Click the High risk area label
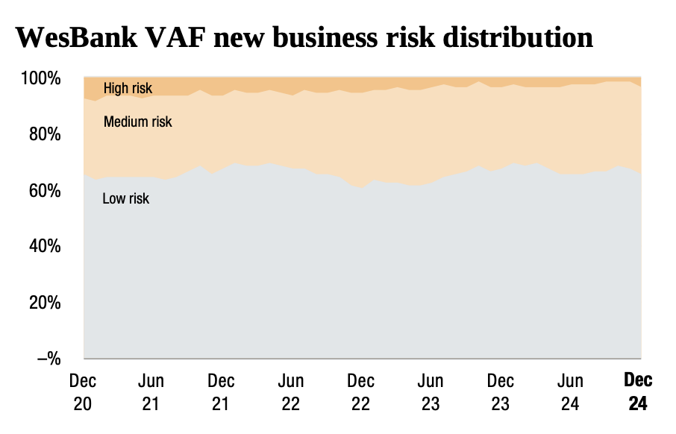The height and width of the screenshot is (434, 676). point(128,89)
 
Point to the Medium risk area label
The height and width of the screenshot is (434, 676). point(138,122)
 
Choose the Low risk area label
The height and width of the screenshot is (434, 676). point(125,198)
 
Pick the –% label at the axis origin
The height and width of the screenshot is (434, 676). point(48,359)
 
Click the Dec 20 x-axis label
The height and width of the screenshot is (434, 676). point(82,392)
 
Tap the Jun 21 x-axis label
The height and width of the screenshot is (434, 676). point(151,392)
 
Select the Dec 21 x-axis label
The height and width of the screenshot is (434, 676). point(221,392)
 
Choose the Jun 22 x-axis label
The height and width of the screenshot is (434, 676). point(291,392)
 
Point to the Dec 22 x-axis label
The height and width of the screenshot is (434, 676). point(360,392)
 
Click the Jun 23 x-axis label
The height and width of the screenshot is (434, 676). point(431,392)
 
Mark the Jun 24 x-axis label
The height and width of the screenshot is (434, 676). point(570,392)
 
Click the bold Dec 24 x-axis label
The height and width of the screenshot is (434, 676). point(638,392)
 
